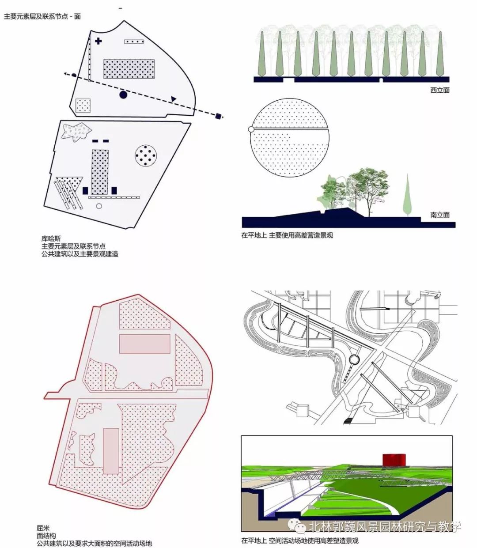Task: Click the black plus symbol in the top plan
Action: click(x=98, y=42)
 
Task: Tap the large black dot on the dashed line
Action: click(x=123, y=94)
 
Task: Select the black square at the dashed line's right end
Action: click(x=218, y=116)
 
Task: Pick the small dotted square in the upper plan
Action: click(x=83, y=106)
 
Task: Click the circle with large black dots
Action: click(x=146, y=155)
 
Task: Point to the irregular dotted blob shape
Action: click(x=76, y=131)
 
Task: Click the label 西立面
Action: click(x=439, y=91)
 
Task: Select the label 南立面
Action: click(x=439, y=215)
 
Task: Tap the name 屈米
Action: click(x=43, y=528)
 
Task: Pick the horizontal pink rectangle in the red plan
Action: click(x=144, y=344)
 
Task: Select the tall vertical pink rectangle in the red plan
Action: click(x=111, y=450)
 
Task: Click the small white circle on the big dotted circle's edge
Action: click(x=251, y=129)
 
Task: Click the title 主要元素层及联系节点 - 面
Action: click(x=42, y=16)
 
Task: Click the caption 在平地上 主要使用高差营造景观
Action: click(x=287, y=235)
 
